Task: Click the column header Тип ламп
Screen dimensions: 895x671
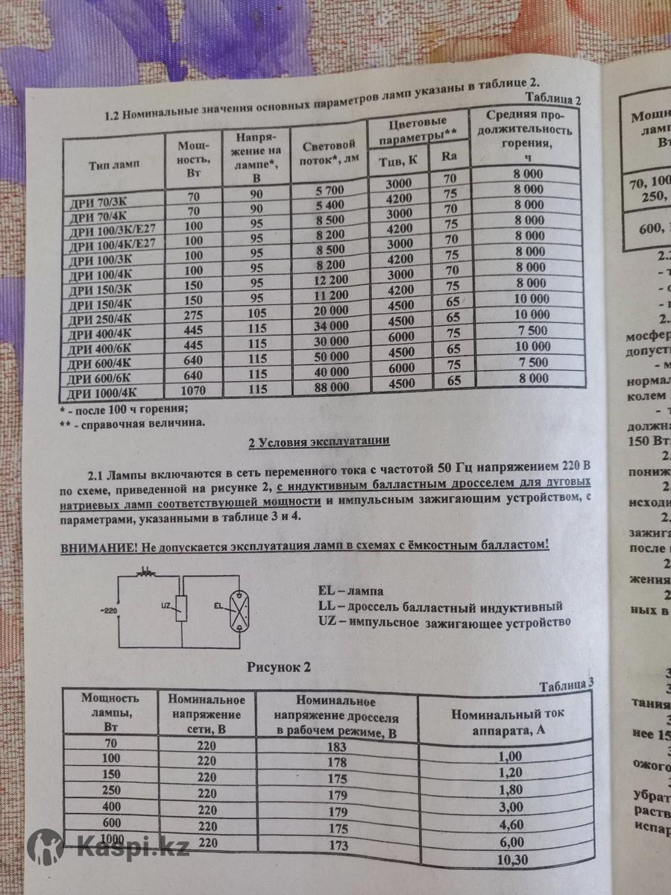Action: (114, 163)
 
